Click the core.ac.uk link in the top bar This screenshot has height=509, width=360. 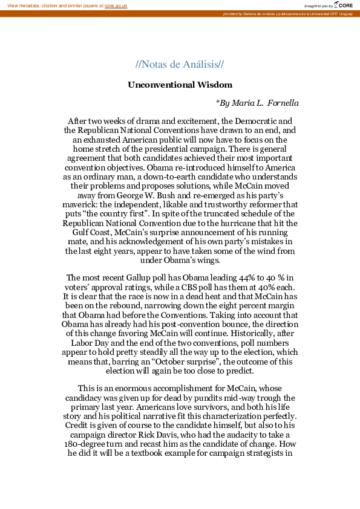click(x=116, y=5)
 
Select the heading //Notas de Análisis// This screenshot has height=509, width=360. click(x=180, y=65)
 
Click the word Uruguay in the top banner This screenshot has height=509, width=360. click(x=345, y=13)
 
